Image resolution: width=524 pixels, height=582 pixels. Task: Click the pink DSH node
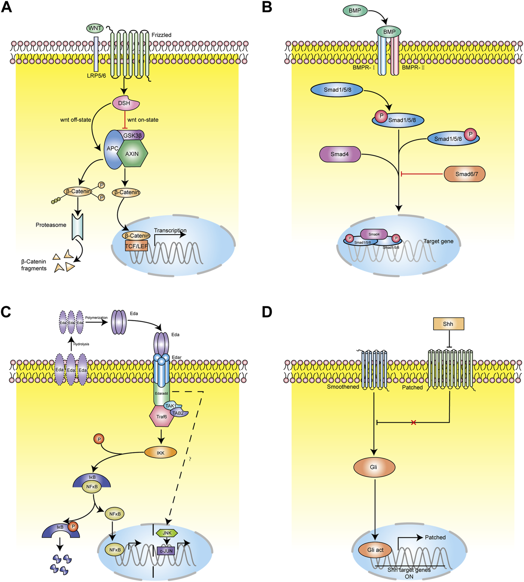(x=125, y=104)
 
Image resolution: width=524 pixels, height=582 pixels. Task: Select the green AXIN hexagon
(x=132, y=154)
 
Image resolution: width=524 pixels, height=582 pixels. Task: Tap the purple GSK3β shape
(x=133, y=135)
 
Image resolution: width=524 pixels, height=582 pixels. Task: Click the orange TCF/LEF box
(x=136, y=246)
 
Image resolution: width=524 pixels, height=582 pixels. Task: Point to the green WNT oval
(x=95, y=28)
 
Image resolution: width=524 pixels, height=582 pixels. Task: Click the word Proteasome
(x=51, y=225)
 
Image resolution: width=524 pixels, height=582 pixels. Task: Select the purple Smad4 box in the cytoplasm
(x=340, y=154)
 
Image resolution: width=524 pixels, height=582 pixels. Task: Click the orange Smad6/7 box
(x=464, y=174)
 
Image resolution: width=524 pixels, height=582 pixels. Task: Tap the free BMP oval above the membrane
(x=355, y=10)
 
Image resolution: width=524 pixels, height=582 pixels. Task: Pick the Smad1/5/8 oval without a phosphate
(x=337, y=90)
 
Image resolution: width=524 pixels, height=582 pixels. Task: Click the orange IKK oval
(x=161, y=453)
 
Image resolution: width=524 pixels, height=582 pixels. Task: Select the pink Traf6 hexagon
(x=162, y=416)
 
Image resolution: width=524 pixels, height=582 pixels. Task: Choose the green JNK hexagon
(x=167, y=533)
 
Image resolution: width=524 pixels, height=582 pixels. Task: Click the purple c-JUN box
(x=166, y=551)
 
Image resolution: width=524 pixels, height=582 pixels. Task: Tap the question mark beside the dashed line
(x=190, y=459)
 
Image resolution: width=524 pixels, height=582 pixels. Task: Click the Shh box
(x=448, y=324)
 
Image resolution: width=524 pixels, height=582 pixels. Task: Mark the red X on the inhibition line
(x=414, y=423)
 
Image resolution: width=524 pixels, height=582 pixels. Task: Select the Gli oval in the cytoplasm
(x=374, y=467)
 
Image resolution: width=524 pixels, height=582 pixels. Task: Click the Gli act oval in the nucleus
(x=375, y=550)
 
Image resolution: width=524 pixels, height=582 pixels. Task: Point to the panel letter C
(x=6, y=312)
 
